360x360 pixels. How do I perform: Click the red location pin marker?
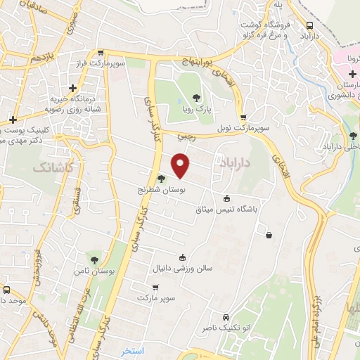(181, 165)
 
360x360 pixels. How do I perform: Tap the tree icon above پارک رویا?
(200, 98)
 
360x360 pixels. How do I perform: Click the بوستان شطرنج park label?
(162, 190)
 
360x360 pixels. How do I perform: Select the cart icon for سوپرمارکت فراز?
(101, 53)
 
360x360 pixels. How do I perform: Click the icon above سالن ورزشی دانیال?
(183, 257)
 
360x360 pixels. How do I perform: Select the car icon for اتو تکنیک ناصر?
(225, 317)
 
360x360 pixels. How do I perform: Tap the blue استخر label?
(132, 349)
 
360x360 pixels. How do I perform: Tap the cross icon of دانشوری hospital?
(332, 74)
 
